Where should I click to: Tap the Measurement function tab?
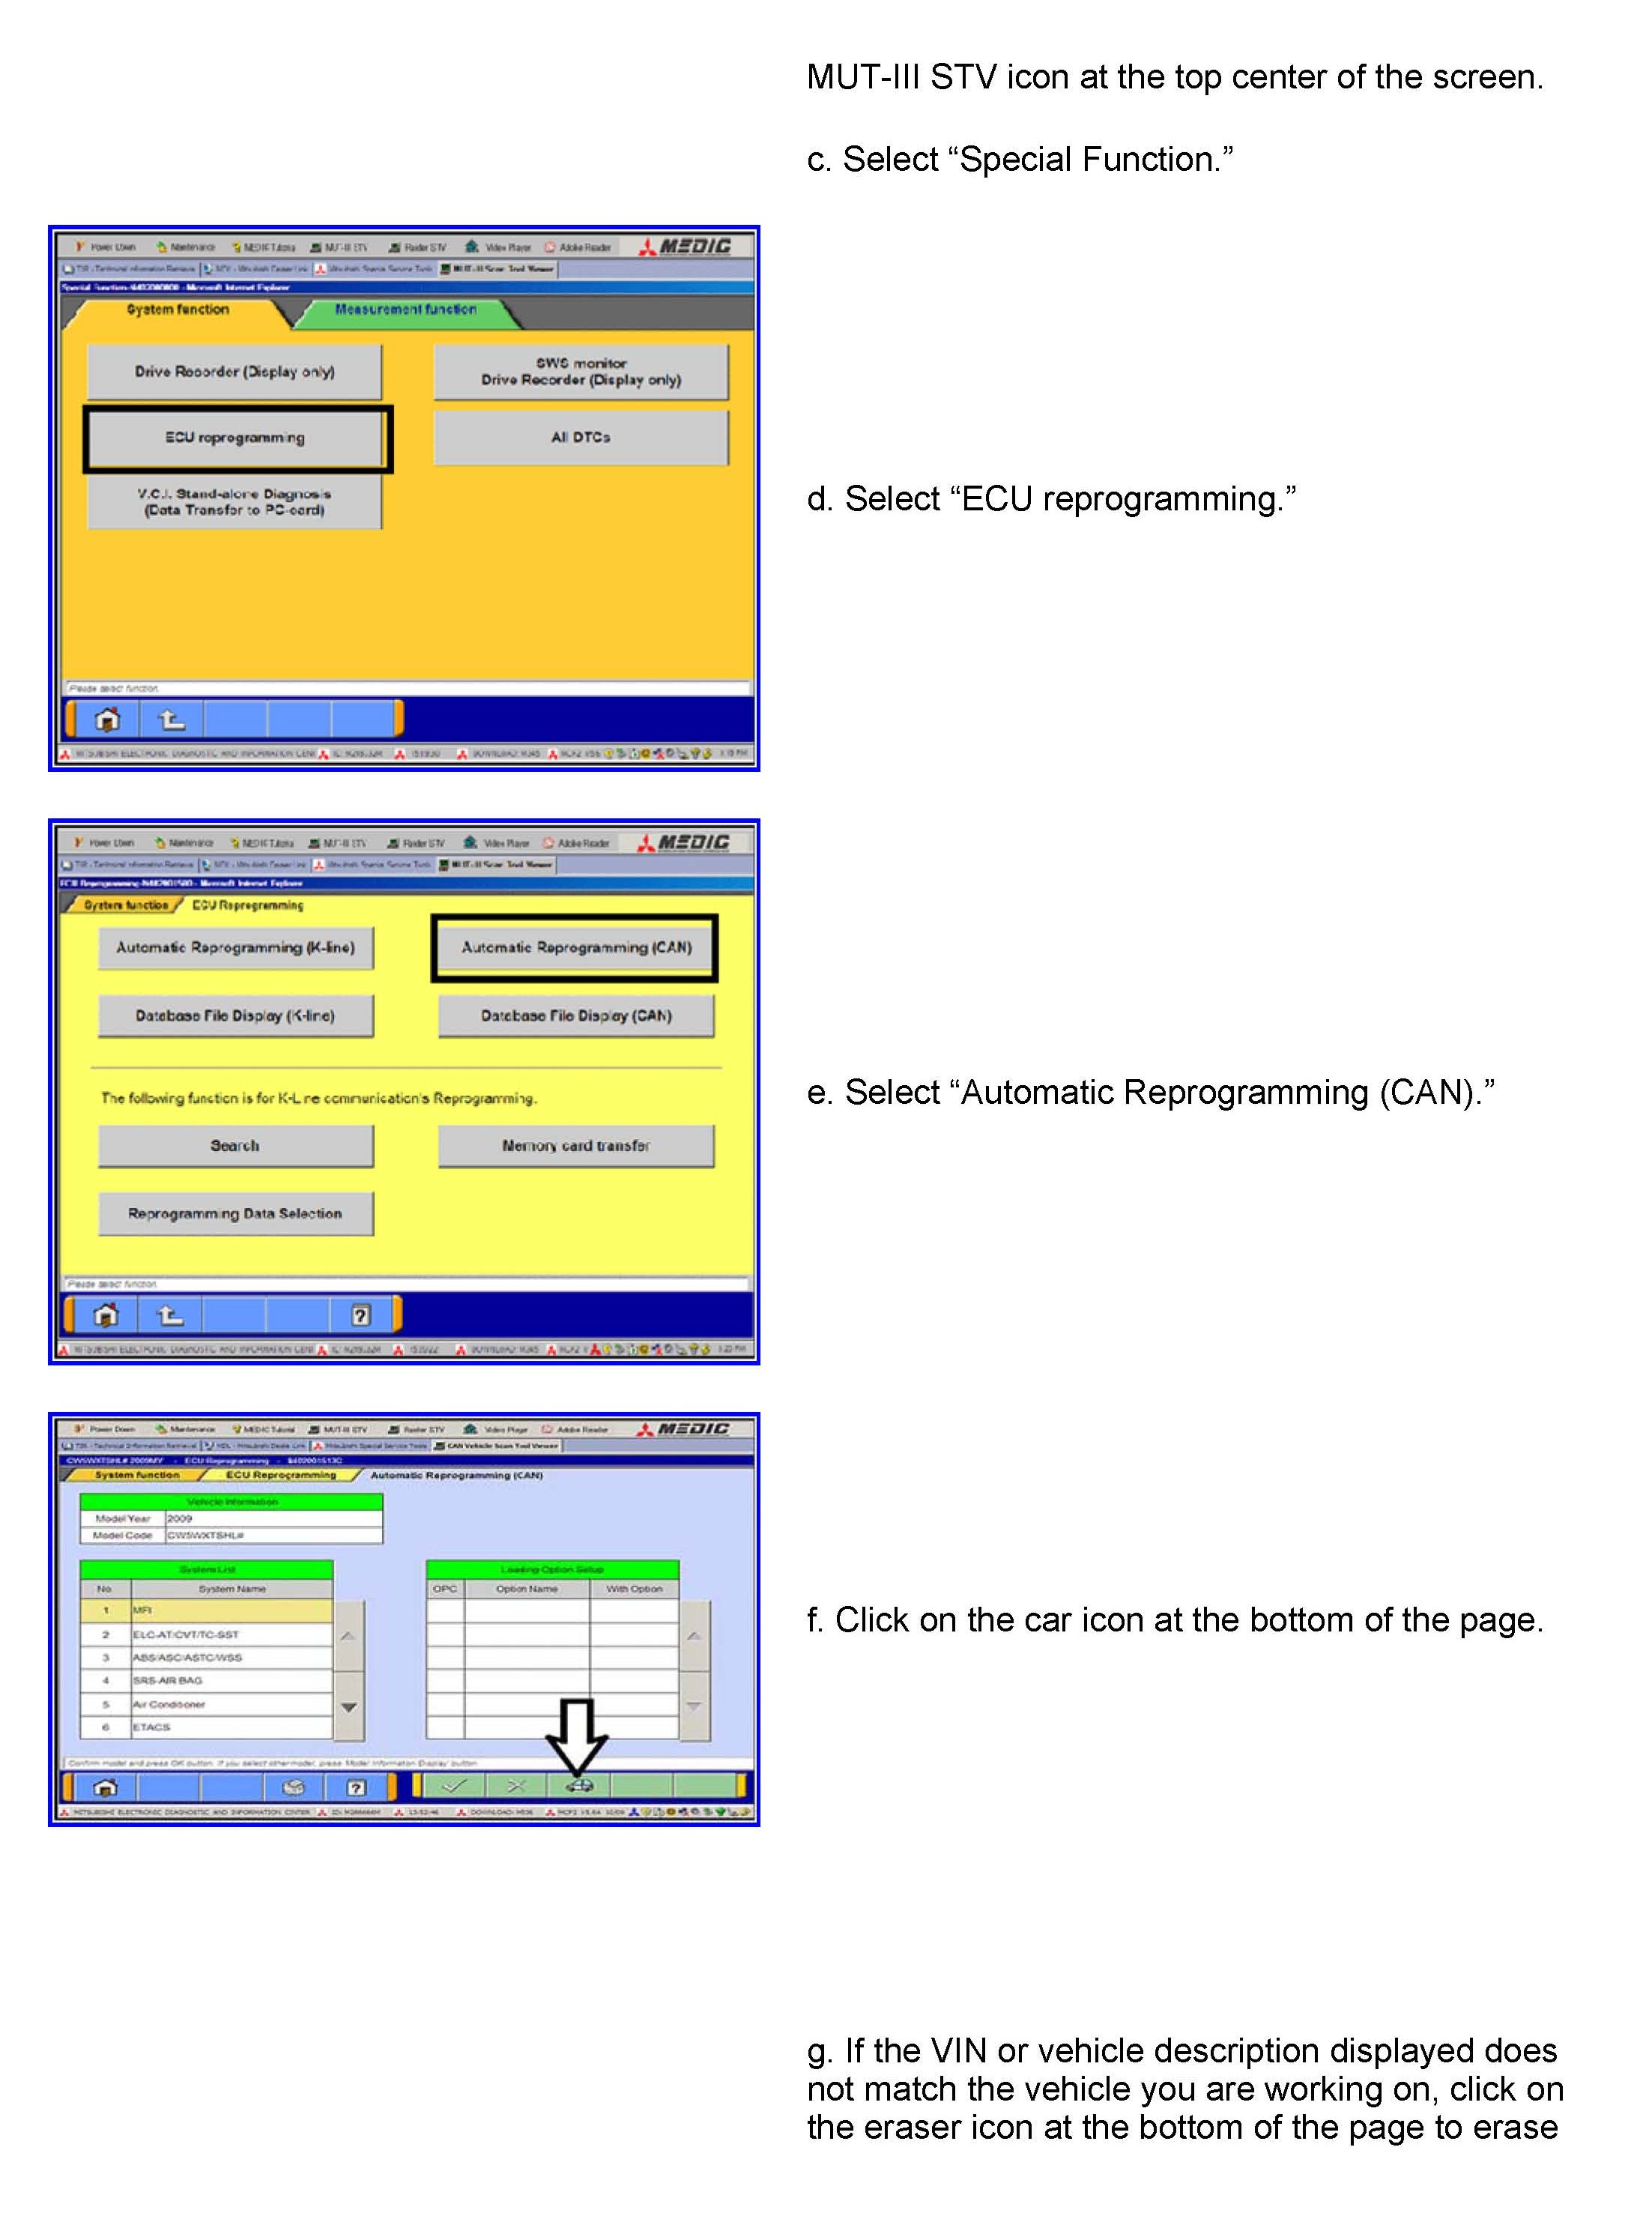[405, 310]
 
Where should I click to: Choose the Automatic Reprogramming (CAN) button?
[575, 947]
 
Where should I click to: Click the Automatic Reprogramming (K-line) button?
[236, 947]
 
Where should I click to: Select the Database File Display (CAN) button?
[575, 1016]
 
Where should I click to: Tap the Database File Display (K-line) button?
[236, 1016]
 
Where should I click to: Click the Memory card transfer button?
[575, 1146]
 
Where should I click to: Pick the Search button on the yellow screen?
[236, 1146]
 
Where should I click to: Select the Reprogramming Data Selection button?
[236, 1214]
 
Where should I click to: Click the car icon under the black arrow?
[578, 1786]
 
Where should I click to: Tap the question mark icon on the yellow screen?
[360, 1315]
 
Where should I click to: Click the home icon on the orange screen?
[107, 719]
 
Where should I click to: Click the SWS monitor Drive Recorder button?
[581, 372]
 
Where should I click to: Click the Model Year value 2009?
[181, 1518]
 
